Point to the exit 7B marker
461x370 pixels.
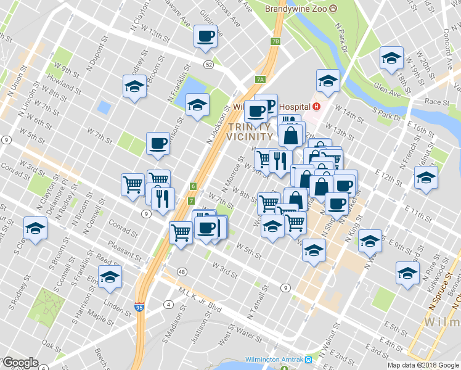click(x=275, y=42)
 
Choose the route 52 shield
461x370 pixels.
click(x=210, y=64)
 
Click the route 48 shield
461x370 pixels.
click(x=181, y=271)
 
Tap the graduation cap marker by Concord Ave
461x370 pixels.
click(x=390, y=59)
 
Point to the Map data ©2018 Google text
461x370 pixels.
click(x=423, y=365)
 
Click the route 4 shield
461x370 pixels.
click(x=168, y=304)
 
